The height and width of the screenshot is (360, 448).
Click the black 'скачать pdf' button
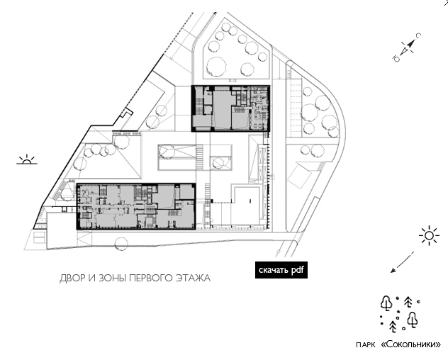pos(281,270)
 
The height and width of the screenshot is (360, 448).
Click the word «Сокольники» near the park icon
pos(411,344)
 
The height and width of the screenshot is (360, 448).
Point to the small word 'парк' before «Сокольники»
pos(366,345)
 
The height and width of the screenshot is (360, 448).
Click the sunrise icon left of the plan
pos(26,160)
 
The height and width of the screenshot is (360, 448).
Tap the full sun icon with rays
pos(429,235)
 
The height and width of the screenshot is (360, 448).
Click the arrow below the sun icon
pos(402,262)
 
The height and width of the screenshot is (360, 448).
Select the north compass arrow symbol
pos(407,47)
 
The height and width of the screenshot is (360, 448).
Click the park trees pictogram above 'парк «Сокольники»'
pos(400,314)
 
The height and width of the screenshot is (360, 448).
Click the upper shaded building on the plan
pos(230,108)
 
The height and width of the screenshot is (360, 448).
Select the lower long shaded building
pos(136,206)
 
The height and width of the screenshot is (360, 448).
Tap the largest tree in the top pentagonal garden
pos(216,67)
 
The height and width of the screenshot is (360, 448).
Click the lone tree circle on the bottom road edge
pos(121,244)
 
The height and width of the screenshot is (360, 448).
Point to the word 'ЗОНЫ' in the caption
pos(113,278)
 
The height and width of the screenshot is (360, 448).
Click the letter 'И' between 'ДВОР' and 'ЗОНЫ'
pos(92,278)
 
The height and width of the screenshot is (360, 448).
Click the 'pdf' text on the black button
pos(297,270)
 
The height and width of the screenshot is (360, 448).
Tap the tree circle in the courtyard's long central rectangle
pos(167,152)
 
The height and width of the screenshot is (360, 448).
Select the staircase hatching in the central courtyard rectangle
pos(199,157)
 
